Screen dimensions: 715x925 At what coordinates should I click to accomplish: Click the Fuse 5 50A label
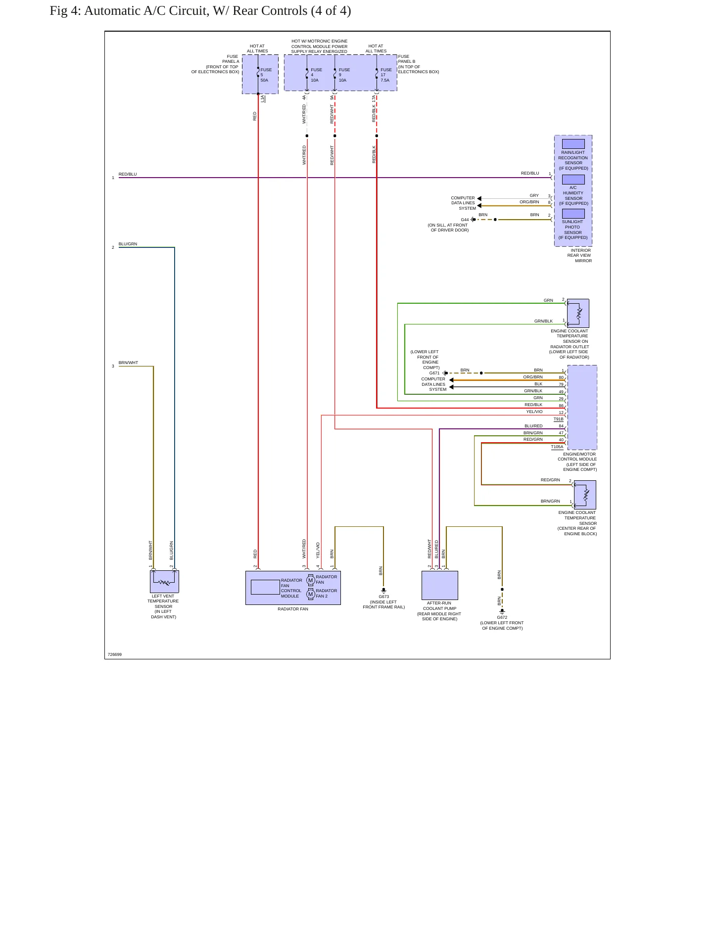(x=266, y=75)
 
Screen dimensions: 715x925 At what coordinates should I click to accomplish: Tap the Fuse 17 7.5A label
(x=386, y=75)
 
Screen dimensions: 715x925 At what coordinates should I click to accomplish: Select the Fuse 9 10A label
(x=344, y=75)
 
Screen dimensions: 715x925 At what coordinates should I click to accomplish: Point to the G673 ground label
(x=383, y=597)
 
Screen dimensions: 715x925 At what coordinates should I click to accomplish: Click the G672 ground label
(x=502, y=617)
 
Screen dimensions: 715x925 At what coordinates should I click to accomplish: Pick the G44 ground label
(x=465, y=220)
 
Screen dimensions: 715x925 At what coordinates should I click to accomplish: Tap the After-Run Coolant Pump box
(x=440, y=585)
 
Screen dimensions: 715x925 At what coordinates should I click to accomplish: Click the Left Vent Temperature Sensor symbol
(x=164, y=582)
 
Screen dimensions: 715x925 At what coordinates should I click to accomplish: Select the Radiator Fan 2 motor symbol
(x=311, y=594)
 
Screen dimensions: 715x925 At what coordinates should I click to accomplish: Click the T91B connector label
(x=558, y=419)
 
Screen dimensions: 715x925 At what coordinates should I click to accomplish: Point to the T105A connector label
(x=557, y=447)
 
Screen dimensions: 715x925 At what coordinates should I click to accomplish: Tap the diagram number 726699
(x=115, y=654)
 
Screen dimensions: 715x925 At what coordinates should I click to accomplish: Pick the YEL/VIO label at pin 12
(x=534, y=412)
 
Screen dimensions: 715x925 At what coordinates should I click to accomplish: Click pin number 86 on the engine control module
(x=561, y=406)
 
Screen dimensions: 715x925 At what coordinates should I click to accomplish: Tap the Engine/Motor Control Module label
(x=577, y=462)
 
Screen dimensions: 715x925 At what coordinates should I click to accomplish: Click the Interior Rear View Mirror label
(x=579, y=255)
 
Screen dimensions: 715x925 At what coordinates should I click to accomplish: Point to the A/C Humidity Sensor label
(x=573, y=195)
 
